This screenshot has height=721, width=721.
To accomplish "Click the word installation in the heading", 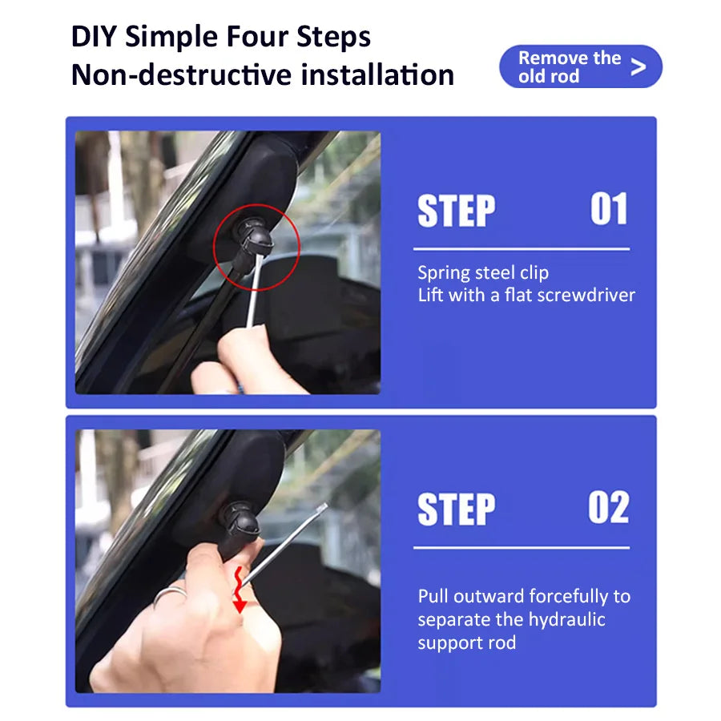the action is pyautogui.click(x=377, y=75).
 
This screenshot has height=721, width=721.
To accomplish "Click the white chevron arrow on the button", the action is pyautogui.click(x=638, y=66).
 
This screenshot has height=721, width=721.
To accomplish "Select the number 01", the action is pyautogui.click(x=609, y=209).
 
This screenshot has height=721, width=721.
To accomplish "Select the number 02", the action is pyautogui.click(x=608, y=507).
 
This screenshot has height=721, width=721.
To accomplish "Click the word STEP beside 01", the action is pyautogui.click(x=456, y=211).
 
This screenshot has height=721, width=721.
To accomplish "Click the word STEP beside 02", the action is pyautogui.click(x=456, y=509).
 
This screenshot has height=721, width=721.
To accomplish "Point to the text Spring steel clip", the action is pyautogui.click(x=483, y=273).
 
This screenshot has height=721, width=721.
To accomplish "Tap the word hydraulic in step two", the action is pyautogui.click(x=566, y=619).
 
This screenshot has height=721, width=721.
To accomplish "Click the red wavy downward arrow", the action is pyautogui.click(x=239, y=590).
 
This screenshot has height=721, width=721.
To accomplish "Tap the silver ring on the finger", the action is pyautogui.click(x=169, y=594).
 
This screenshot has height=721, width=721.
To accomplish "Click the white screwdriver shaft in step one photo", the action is pyautogui.click(x=254, y=291).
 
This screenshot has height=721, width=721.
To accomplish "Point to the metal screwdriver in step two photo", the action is pyautogui.click(x=284, y=546).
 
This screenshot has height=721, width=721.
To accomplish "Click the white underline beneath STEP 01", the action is pyautogui.click(x=522, y=249).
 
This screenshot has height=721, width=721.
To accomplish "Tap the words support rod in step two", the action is pyautogui.click(x=467, y=642).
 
